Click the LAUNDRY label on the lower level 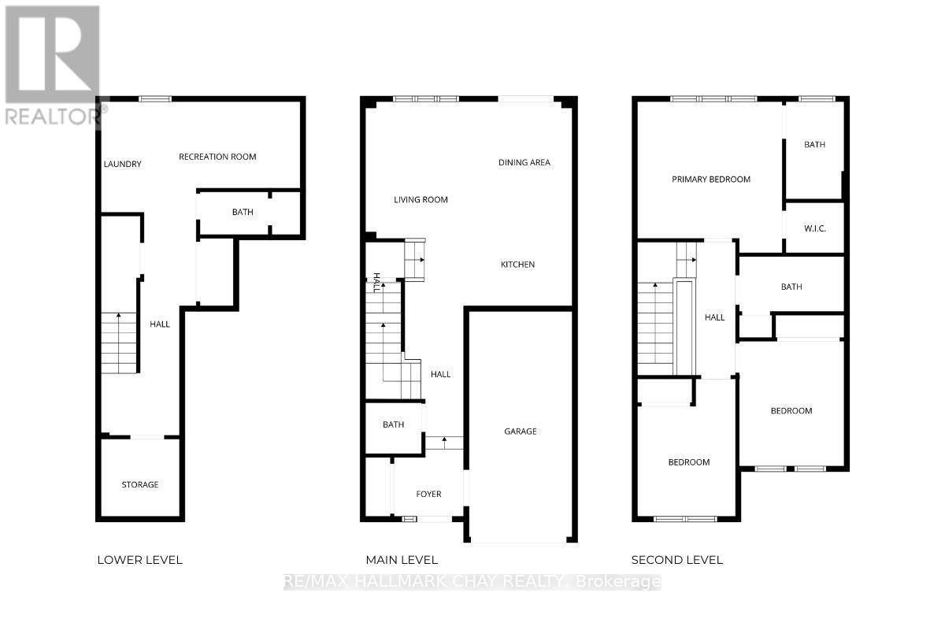[123, 164]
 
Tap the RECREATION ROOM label [217, 157]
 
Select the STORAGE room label [139, 484]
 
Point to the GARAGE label [521, 432]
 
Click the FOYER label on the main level [428, 494]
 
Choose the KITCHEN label [517, 265]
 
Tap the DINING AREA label [524, 162]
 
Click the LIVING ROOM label [421, 200]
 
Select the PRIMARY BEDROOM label [710, 179]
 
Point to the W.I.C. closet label [814, 228]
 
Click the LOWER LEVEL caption [139, 560]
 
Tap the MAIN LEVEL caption [402, 560]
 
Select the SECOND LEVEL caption [676, 560]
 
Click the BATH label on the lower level [243, 212]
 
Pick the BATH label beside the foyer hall [393, 424]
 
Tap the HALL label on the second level [714, 317]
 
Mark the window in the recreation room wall [155, 98]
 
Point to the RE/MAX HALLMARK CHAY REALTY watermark [472, 582]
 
